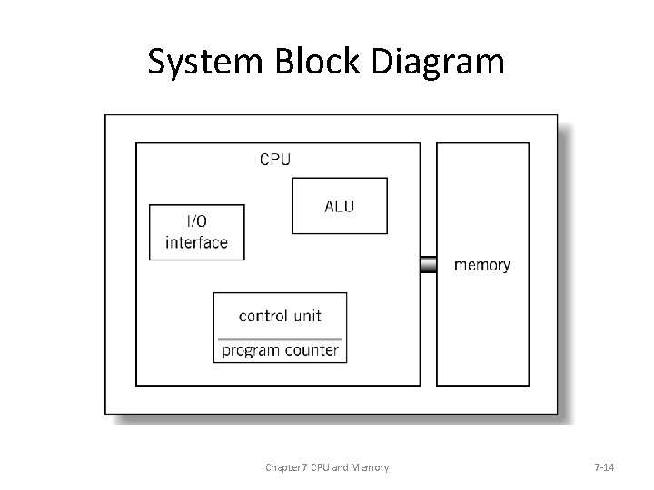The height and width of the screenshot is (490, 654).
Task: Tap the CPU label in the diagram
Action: (275, 160)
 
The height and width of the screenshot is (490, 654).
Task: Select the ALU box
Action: (339, 206)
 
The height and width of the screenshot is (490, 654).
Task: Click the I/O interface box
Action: (196, 232)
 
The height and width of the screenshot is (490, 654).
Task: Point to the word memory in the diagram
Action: (481, 265)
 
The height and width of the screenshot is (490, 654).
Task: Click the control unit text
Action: (279, 316)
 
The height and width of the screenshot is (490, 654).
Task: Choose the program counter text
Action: (280, 349)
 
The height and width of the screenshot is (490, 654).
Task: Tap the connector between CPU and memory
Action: (428, 265)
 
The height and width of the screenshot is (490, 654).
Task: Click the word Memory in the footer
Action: (368, 467)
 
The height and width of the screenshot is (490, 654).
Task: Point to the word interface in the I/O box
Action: (196, 242)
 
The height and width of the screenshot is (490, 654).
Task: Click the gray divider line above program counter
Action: (280, 337)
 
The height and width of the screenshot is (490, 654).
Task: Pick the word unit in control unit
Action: (306, 316)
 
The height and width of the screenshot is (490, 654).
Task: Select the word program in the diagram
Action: (253, 350)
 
